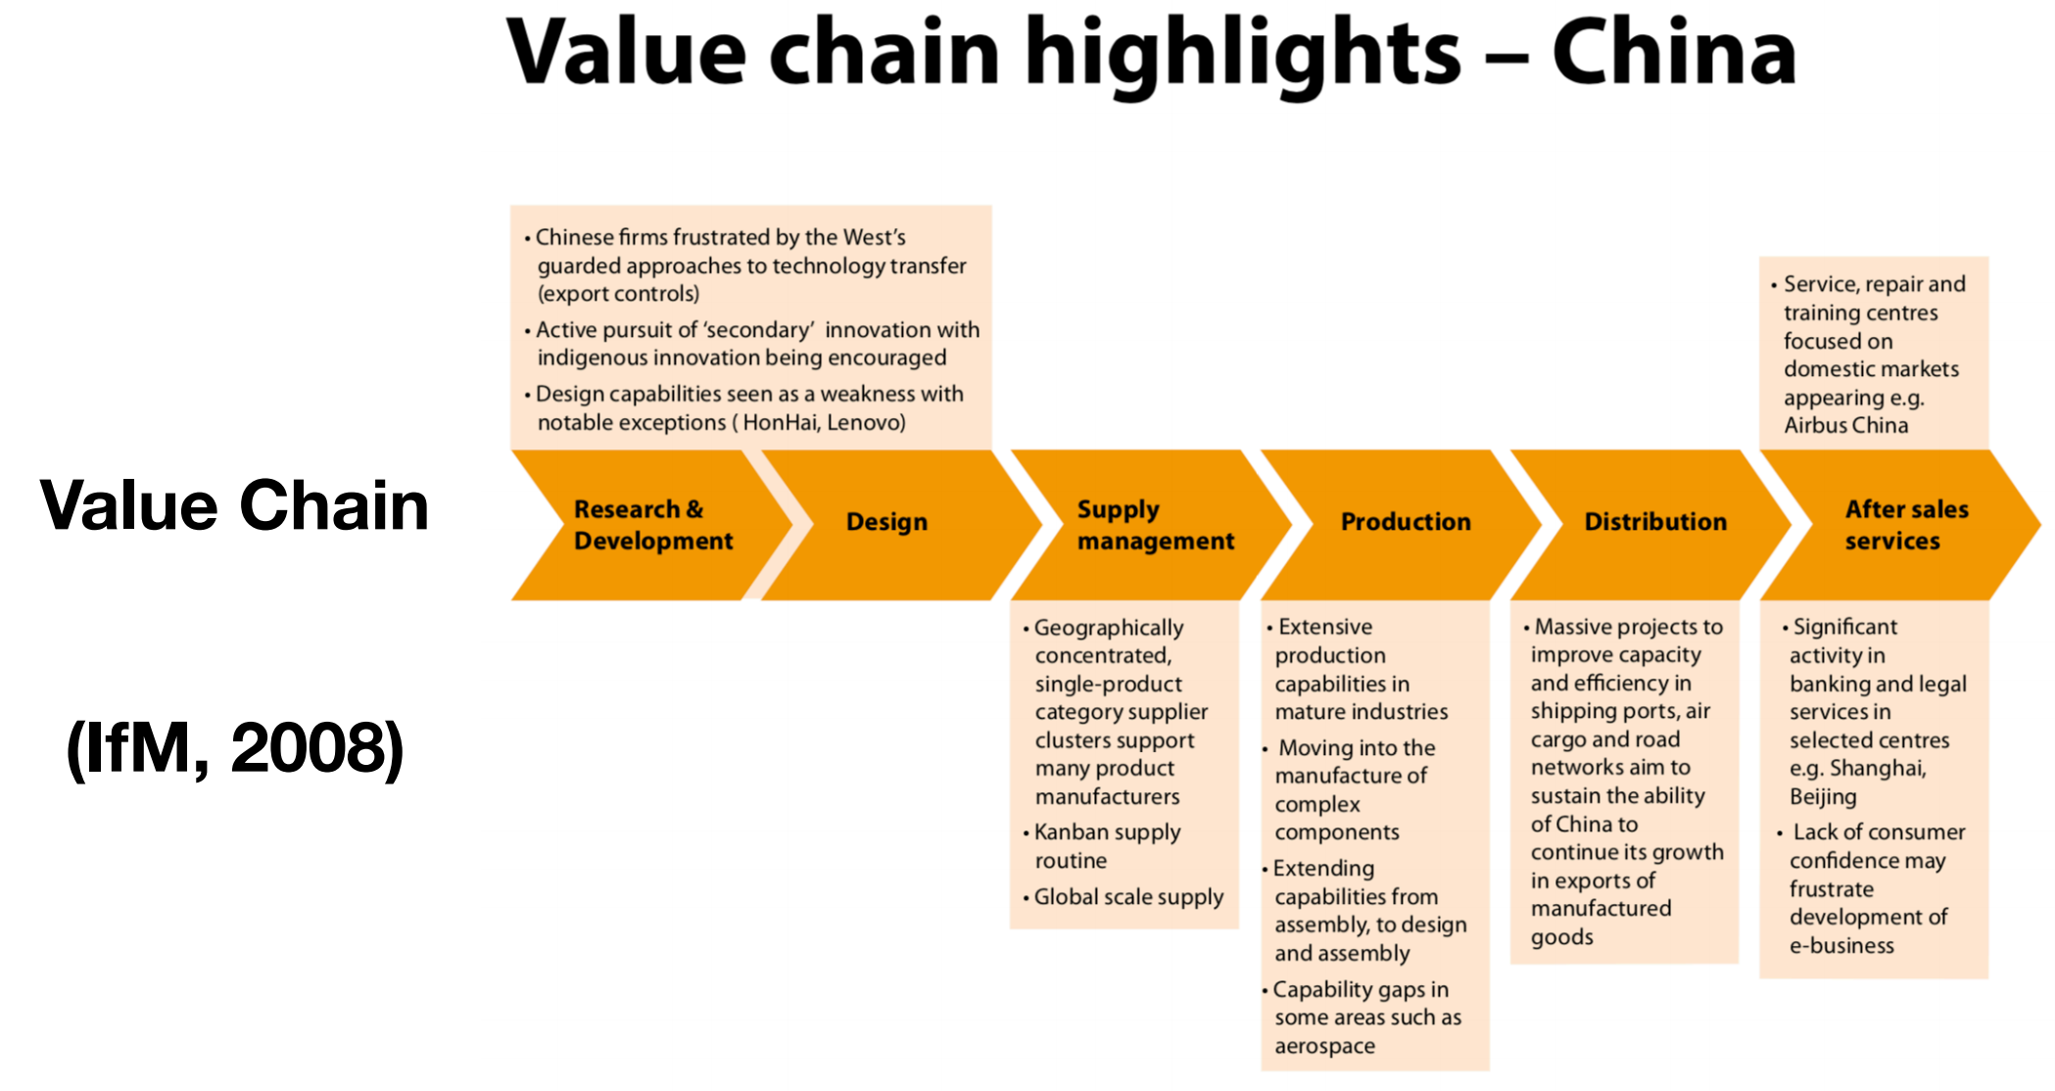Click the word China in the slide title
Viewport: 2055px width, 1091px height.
tap(1674, 53)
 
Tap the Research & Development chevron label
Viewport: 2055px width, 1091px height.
tap(653, 525)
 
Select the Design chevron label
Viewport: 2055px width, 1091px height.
tap(886, 522)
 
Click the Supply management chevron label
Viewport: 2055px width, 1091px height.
tap(1156, 525)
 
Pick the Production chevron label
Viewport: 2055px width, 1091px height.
tap(1406, 522)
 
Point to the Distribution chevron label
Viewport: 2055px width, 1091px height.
tap(1655, 522)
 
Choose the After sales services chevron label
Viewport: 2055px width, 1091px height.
tap(1906, 525)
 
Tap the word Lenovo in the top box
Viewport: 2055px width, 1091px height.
tap(866, 422)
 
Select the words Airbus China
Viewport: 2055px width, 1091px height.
tap(1845, 425)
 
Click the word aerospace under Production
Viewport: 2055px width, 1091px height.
tap(1324, 1047)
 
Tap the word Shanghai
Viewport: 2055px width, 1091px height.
tap(1878, 768)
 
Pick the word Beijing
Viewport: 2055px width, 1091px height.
tap(1823, 797)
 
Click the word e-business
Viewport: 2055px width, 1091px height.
tap(1841, 946)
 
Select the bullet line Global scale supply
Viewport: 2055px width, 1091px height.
tap(1128, 897)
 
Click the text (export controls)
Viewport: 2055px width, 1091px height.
tap(618, 294)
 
